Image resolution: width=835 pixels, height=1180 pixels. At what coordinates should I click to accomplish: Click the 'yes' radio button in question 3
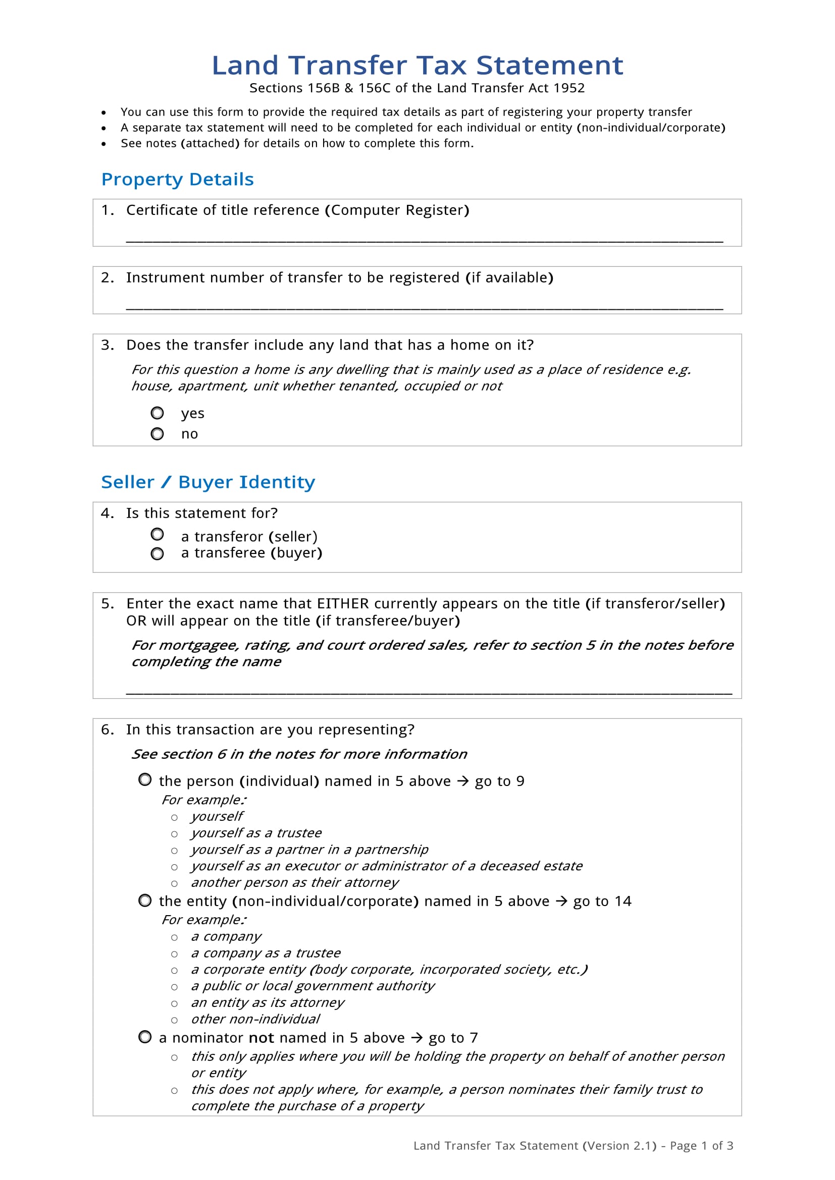(x=158, y=413)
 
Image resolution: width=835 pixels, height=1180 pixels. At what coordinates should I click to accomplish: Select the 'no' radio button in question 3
(x=158, y=434)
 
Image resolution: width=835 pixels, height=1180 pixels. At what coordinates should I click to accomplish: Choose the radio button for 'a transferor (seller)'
(x=158, y=534)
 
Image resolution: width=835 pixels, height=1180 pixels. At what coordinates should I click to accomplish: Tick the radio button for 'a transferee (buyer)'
(x=158, y=553)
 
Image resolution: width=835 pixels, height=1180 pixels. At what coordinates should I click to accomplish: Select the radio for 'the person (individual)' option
(x=145, y=779)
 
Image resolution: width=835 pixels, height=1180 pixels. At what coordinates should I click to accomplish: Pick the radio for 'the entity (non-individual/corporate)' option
(x=145, y=901)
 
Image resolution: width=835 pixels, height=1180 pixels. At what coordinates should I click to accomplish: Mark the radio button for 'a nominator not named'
(x=145, y=1037)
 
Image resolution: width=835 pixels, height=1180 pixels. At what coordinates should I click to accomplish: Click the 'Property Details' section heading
(x=177, y=180)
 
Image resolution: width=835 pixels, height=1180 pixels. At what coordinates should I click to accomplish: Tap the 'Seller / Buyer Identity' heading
(x=207, y=482)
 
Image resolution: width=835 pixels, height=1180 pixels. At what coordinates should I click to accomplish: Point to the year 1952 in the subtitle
(x=569, y=88)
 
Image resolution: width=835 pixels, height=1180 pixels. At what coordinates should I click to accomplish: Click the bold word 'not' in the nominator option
(x=261, y=1038)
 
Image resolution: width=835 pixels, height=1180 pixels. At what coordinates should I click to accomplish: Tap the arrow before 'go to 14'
(x=561, y=902)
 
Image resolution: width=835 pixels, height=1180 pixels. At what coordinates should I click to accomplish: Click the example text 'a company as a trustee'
(x=266, y=953)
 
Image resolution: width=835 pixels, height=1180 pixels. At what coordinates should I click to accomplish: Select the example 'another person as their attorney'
(x=295, y=883)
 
